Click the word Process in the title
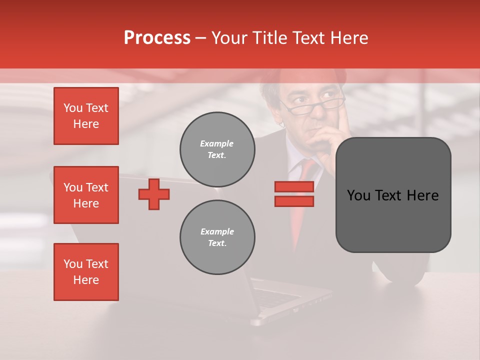(157, 38)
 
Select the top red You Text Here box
(86, 116)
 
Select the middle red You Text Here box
(86, 195)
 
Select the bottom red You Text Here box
(86, 272)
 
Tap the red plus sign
(154, 194)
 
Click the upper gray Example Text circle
(217, 149)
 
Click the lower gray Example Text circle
(217, 237)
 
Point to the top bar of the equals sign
(294, 186)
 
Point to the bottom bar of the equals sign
(294, 201)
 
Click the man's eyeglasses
(310, 106)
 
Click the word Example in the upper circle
(216, 143)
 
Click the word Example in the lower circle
(217, 231)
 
